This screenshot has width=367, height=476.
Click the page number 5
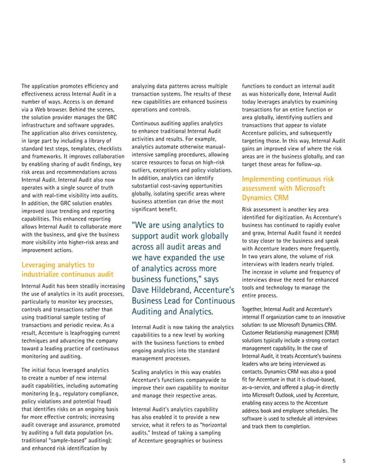pos(344,460)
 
